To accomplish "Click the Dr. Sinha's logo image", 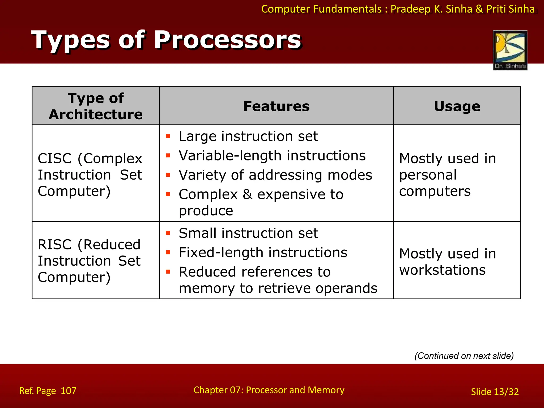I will [510, 50].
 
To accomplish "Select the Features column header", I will [276, 106].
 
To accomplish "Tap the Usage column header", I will [457, 106].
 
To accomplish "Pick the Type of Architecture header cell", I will [96, 106].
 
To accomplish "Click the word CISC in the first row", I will [55, 159].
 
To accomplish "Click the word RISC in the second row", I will [55, 245].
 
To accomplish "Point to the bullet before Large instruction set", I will [168, 137].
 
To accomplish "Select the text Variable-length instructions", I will [272, 156].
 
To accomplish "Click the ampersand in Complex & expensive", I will [247, 194].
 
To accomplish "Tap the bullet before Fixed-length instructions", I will [168, 253].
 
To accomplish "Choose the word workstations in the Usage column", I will [443, 270].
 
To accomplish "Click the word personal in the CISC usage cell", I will [428, 175].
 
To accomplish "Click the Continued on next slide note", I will [464, 356].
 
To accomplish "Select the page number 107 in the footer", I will [69, 391].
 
